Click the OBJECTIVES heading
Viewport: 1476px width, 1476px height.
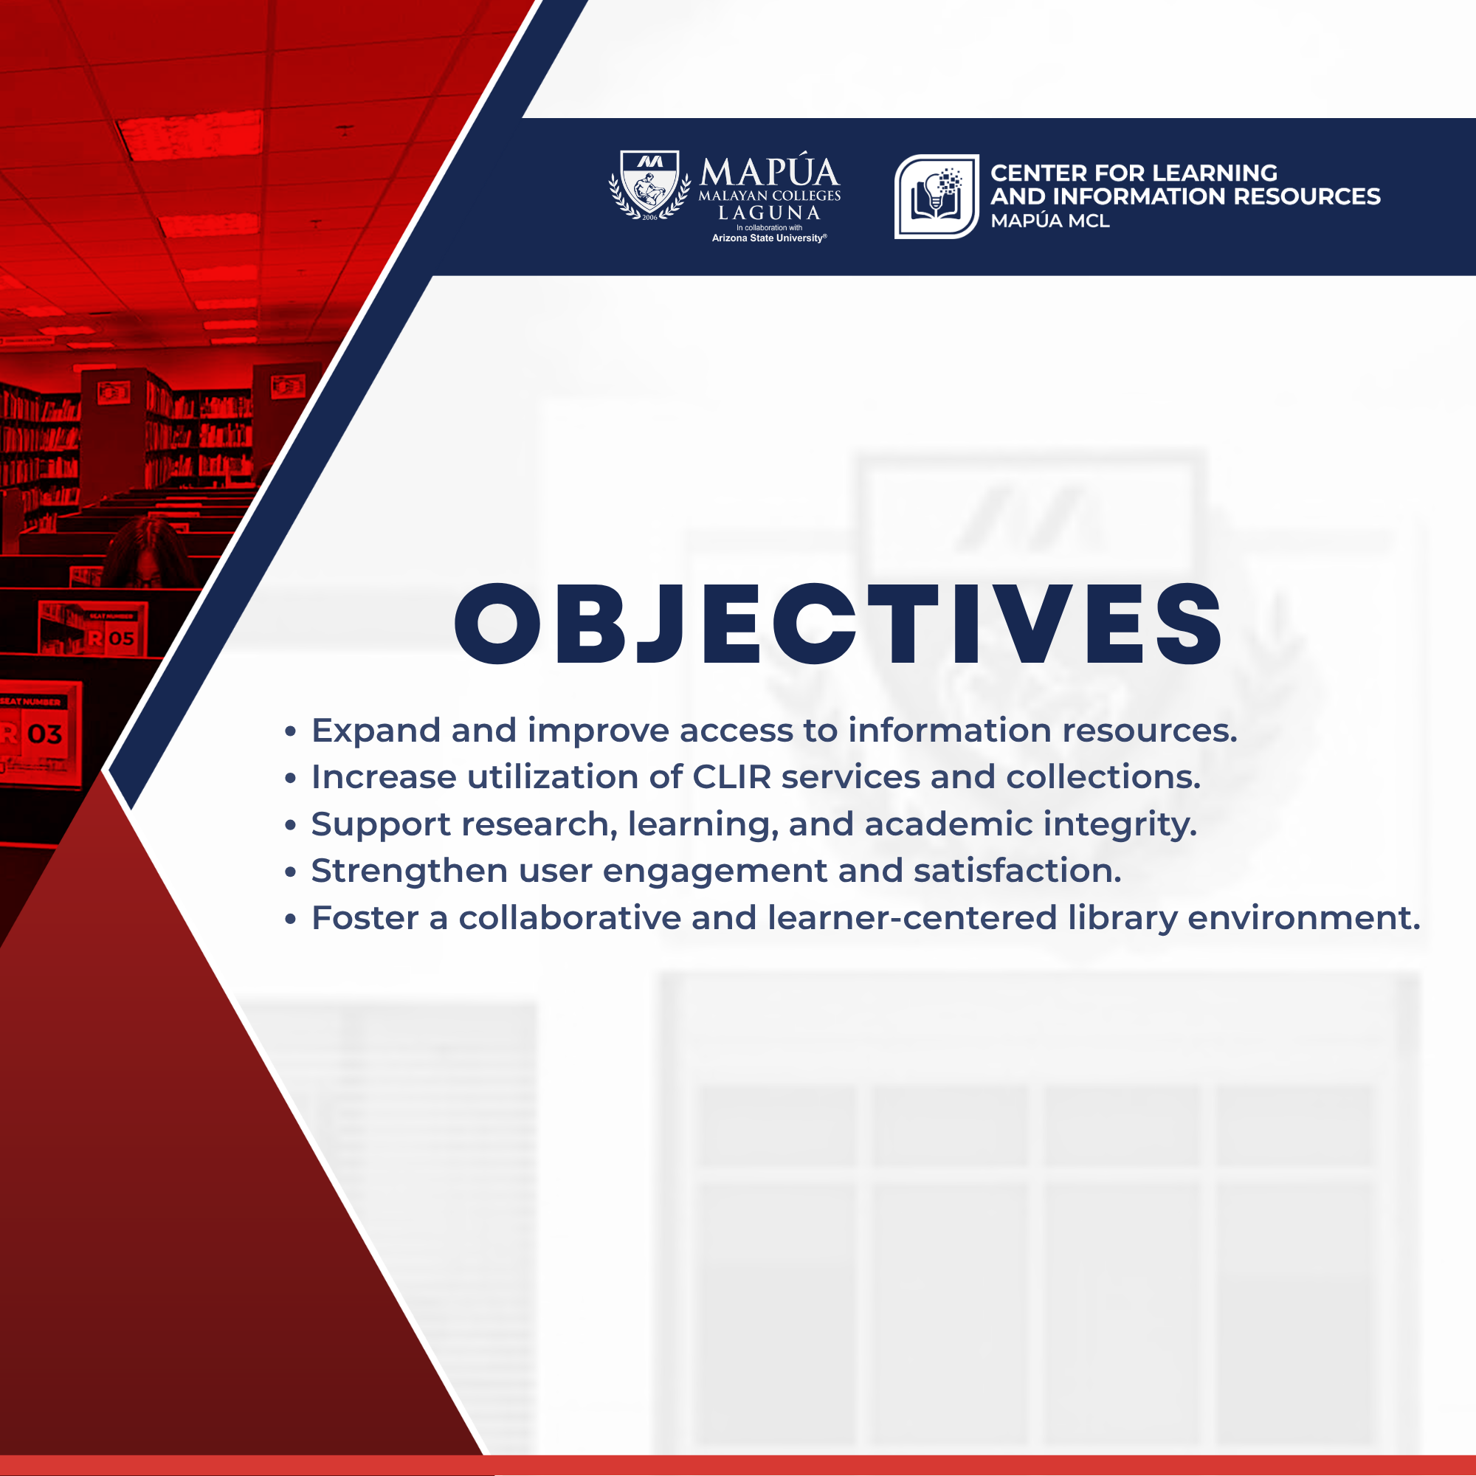click(838, 623)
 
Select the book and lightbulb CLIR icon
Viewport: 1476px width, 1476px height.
click(937, 196)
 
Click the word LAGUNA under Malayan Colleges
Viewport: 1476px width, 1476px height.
click(769, 213)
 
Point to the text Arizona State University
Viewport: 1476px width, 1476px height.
click(769, 238)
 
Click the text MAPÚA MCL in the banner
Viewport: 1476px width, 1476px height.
click(1049, 221)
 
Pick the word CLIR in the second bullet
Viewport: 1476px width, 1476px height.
click(732, 777)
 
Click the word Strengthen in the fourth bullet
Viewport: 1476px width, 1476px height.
click(410, 871)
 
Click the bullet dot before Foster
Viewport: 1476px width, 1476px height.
click(290, 919)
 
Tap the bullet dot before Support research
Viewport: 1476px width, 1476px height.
click(290, 825)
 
